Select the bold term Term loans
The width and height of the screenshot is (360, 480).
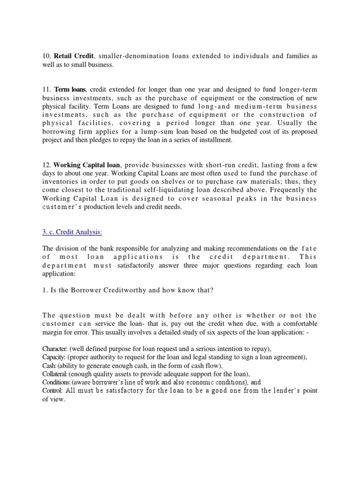[70, 89]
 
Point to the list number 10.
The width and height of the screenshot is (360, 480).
[46, 56]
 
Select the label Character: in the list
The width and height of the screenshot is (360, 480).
[55, 349]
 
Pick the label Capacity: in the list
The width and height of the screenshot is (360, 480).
[54, 357]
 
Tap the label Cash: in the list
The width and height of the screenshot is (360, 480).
[49, 366]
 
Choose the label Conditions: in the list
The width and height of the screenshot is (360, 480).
[56, 382]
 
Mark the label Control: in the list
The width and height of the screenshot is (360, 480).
[52, 390]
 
